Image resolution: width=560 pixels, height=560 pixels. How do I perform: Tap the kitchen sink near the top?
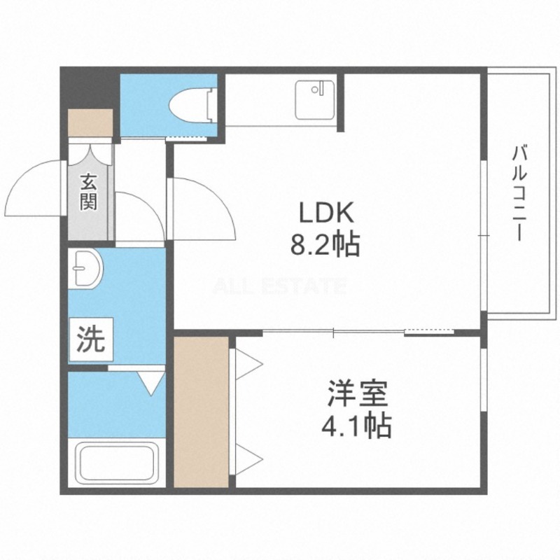(315, 100)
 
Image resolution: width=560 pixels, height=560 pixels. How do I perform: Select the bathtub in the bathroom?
(117, 463)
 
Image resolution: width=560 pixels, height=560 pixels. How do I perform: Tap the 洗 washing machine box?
(91, 339)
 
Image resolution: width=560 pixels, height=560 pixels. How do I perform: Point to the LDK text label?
(325, 213)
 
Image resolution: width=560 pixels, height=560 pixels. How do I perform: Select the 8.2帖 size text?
(325, 245)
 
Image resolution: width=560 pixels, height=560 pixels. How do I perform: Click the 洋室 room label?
(358, 394)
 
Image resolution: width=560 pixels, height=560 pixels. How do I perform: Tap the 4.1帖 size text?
(356, 426)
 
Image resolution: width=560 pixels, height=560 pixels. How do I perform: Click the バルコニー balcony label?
(520, 193)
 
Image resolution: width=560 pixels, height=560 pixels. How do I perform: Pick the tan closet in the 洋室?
(201, 412)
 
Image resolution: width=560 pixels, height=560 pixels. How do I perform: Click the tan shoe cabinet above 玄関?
(91, 122)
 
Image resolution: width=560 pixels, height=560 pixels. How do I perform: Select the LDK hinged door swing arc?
(218, 193)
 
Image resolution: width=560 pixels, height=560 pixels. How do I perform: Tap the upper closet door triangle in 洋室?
(249, 364)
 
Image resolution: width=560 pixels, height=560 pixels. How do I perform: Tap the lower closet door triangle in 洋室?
(249, 459)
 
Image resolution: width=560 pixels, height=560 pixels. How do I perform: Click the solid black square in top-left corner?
(90, 87)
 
